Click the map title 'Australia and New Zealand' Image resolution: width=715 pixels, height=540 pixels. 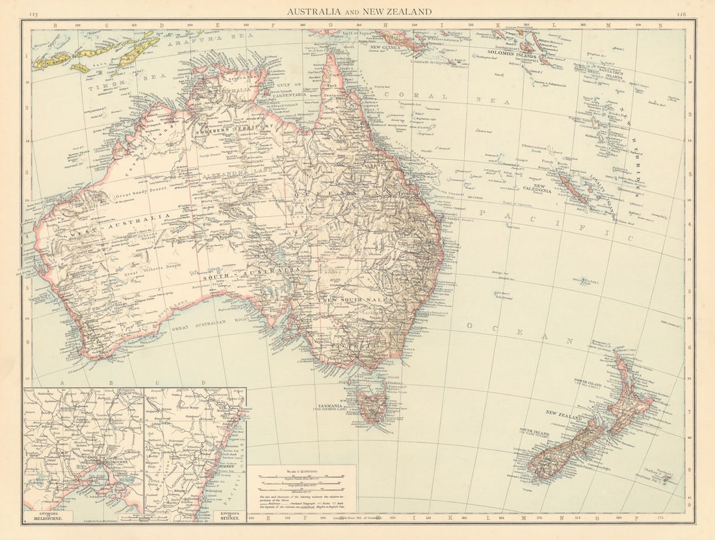(x=359, y=11)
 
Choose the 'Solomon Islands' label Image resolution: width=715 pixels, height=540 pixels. (x=517, y=56)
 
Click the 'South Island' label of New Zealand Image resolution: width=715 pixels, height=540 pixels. (x=534, y=433)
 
